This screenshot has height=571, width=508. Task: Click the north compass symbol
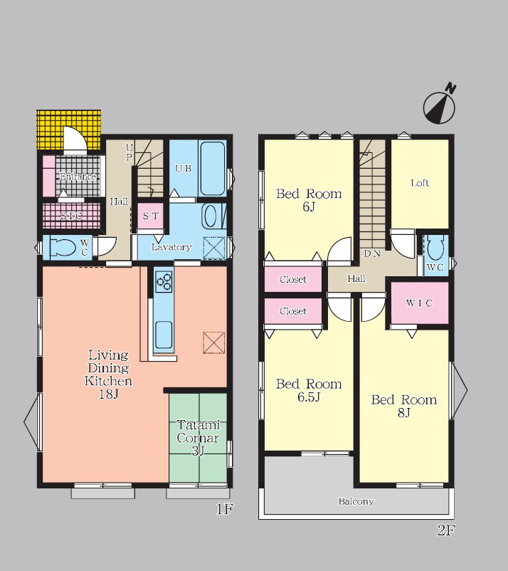tap(440, 105)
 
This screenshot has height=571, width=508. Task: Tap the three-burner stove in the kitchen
tap(164, 281)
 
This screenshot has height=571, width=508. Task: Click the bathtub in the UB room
tap(212, 169)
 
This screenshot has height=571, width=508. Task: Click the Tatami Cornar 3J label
tap(198, 438)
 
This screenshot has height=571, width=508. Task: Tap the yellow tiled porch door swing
tap(75, 138)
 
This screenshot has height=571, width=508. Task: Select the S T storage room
tap(151, 216)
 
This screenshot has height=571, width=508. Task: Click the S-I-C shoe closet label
tap(71, 216)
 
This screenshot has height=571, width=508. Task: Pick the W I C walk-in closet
tap(420, 303)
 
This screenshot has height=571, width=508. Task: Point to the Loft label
tap(420, 183)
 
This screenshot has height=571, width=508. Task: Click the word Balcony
tap(356, 501)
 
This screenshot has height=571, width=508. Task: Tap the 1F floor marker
tap(224, 509)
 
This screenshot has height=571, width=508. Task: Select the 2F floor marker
tap(446, 530)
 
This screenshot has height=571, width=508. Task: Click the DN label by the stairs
tap(372, 253)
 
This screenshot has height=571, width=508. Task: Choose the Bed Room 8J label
tap(404, 406)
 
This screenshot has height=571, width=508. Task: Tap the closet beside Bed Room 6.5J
tap(293, 311)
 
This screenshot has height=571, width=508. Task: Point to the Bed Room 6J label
tap(309, 199)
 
